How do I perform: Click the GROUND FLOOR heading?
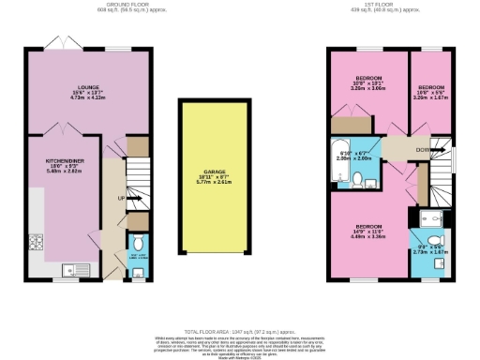[88, 5]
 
